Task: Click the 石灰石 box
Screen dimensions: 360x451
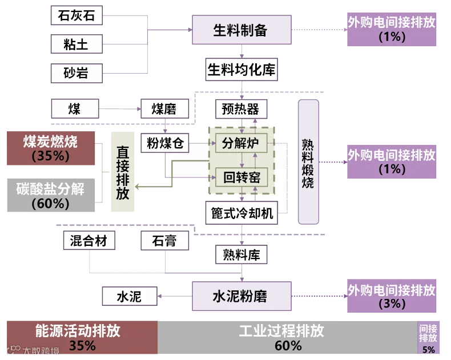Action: click(x=76, y=16)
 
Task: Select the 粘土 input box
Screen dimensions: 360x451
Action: click(x=76, y=43)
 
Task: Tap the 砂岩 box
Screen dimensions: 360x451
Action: click(x=76, y=73)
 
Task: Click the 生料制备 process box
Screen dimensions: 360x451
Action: click(x=240, y=30)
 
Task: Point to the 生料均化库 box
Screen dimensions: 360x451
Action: click(x=240, y=70)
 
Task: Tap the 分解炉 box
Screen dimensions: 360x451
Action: click(x=241, y=143)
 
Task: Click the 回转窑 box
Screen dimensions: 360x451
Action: click(x=241, y=177)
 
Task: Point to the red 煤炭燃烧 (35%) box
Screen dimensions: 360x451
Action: click(x=50, y=148)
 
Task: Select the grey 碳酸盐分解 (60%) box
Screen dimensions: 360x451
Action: click(x=50, y=195)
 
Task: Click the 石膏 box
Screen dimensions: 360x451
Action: click(x=164, y=240)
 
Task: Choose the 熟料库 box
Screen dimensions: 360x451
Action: click(x=241, y=254)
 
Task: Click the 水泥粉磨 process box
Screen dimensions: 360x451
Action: click(x=240, y=296)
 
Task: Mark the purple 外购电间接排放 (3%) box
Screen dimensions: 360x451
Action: click(x=392, y=296)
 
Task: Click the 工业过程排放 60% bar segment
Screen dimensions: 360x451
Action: click(x=287, y=338)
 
